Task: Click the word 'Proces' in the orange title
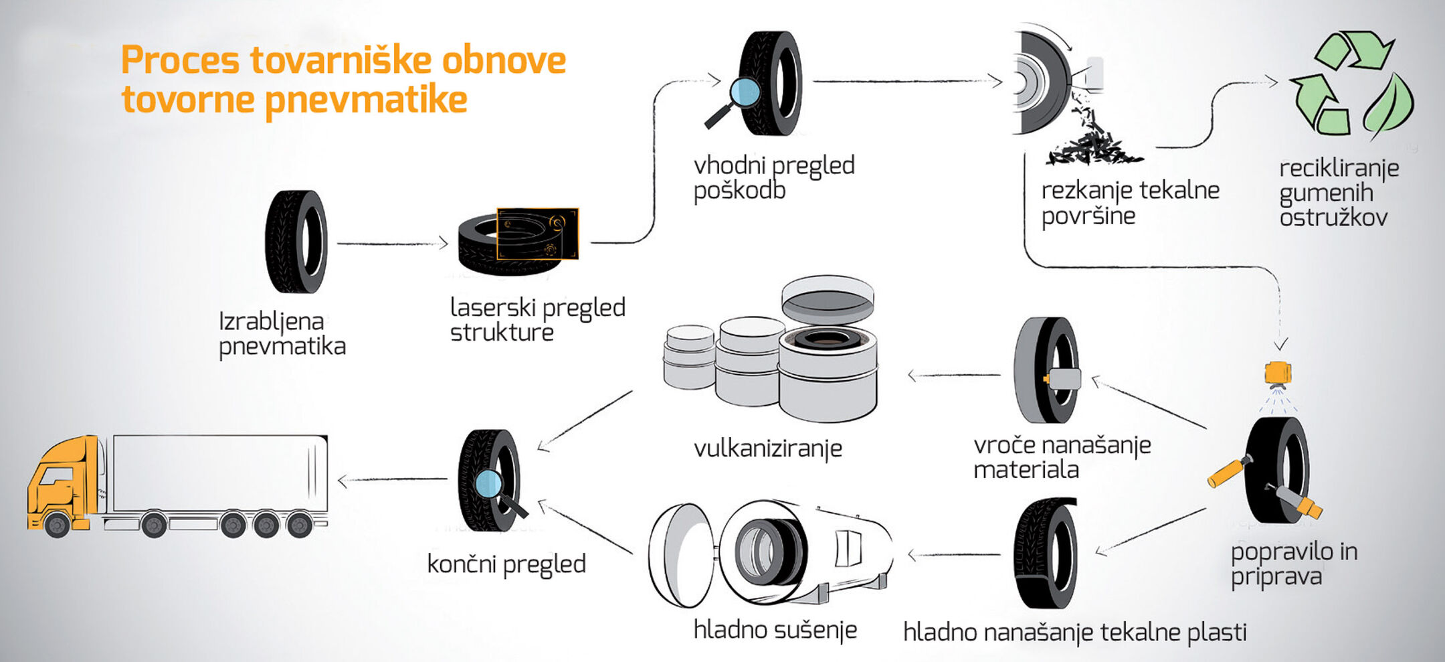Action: [x=179, y=60]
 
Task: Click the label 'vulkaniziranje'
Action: [x=767, y=448]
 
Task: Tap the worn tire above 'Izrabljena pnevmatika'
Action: [x=296, y=242]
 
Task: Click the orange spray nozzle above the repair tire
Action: [x=1278, y=372]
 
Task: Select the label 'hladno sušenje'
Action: [x=775, y=630]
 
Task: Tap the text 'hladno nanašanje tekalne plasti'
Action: [x=1074, y=633]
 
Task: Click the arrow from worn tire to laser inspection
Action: [x=391, y=244]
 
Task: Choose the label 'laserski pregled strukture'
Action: [x=537, y=319]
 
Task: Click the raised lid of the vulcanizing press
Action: [x=828, y=299]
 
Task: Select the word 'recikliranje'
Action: [x=1339, y=168]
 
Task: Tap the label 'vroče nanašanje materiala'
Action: [x=1062, y=457]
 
